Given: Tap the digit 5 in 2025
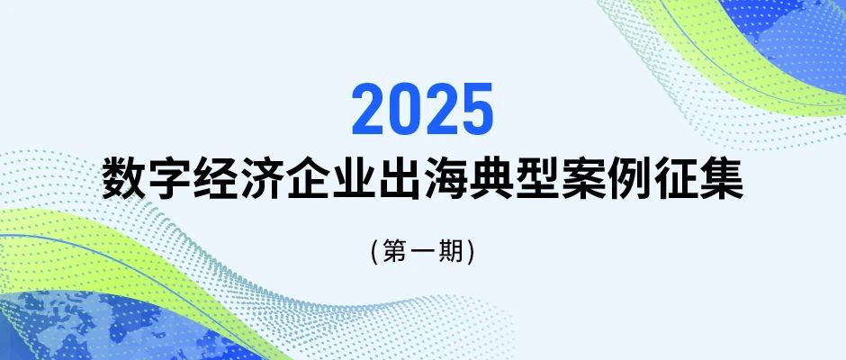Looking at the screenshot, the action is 476,109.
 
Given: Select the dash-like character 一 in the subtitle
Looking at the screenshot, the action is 423,251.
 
